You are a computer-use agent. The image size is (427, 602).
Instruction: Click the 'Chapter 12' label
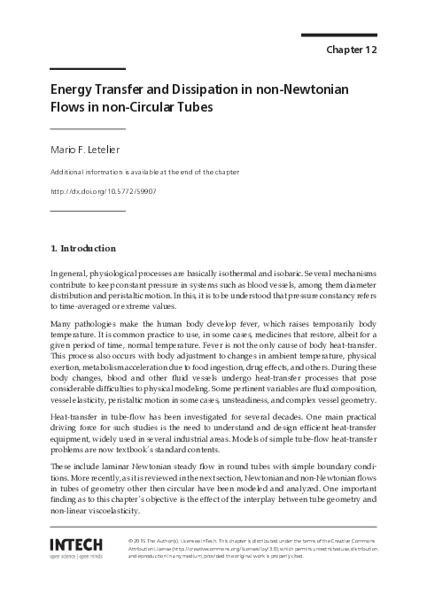coord(353,50)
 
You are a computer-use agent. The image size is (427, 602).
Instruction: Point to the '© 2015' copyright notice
coord(140,539)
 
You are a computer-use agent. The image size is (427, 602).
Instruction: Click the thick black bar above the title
coord(86,68)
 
